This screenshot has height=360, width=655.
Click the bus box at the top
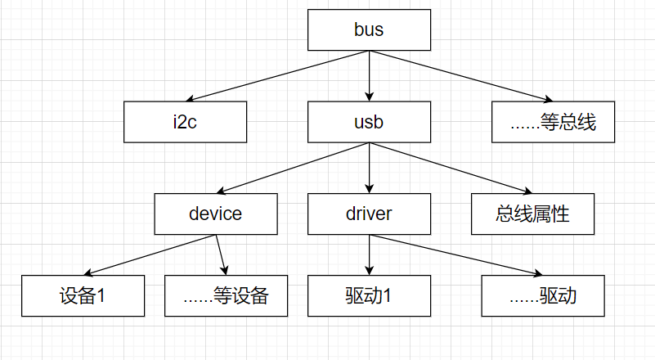tap(369, 30)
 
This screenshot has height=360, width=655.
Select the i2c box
tap(185, 122)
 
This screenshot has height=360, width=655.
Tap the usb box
tap(369, 122)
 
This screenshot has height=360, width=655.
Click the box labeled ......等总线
tap(553, 122)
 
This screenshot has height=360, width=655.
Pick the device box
tap(215, 214)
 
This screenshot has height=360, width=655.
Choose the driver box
tap(369, 214)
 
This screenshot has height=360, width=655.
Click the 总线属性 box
tap(532, 214)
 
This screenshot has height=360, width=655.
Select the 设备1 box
tap(83, 295)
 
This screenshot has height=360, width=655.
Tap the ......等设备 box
tap(227, 295)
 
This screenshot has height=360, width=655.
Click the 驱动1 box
tap(369, 295)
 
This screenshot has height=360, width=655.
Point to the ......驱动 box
tap(543, 295)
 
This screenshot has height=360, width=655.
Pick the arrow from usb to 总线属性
tap(451, 168)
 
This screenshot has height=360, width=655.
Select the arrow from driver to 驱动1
tap(369, 254)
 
